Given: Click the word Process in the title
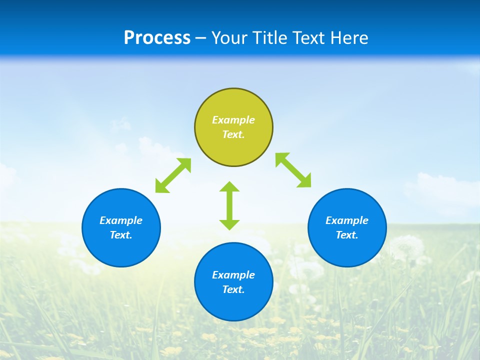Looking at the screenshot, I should pyautogui.click(x=157, y=38).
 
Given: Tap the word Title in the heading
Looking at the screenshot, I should pyautogui.click(x=272, y=38).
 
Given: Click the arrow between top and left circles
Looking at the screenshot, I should pyautogui.click(x=173, y=175).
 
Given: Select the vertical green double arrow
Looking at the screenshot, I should pyautogui.click(x=229, y=205).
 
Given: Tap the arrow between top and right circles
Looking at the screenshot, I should pyautogui.click(x=293, y=170).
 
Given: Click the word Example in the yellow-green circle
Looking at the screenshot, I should pyautogui.click(x=233, y=120).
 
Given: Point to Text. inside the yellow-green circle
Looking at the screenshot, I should pyautogui.click(x=233, y=134).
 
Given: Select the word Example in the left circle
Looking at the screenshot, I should pyautogui.click(x=121, y=220).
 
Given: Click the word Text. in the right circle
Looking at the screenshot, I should pyautogui.click(x=347, y=235).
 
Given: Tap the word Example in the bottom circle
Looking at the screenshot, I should pyautogui.click(x=233, y=275).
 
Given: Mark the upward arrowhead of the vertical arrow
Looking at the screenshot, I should pyautogui.click(x=229, y=187).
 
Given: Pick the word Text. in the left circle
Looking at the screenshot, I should pyautogui.click(x=121, y=235).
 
